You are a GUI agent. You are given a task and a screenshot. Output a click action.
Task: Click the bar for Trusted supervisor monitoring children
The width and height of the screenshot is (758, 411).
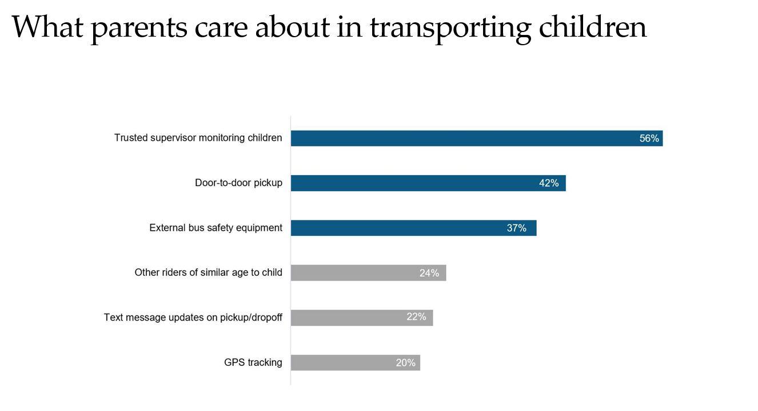pos(457,138)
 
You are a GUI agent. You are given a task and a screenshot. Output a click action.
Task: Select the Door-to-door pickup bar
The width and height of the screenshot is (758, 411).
pos(412,183)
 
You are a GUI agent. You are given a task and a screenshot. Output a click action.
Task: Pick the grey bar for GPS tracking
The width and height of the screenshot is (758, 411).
pos(343,362)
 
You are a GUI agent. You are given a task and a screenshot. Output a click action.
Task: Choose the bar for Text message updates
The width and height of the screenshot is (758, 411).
pos(349,318)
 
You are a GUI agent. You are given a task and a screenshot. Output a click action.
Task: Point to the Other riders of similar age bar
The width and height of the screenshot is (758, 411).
pos(354,272)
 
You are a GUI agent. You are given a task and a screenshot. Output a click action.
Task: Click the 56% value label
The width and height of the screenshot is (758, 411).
pos(649,139)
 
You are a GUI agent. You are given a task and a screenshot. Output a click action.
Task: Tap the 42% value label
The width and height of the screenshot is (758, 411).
pos(548,183)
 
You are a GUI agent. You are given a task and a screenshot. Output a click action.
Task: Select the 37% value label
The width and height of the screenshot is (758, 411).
pos(516,228)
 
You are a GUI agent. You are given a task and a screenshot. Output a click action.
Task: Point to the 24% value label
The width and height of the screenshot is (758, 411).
pos(429,273)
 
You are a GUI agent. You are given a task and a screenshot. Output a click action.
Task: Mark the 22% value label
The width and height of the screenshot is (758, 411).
pos(416,317)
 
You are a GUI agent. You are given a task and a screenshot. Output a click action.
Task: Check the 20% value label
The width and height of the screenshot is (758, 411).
pos(405,362)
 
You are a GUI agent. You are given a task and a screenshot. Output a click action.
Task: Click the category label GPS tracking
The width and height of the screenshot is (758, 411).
pos(253,362)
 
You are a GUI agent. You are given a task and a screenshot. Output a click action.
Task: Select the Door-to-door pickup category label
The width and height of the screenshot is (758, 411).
pos(238,183)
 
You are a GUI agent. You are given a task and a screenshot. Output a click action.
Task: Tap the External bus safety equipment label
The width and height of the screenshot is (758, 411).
pos(216,228)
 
